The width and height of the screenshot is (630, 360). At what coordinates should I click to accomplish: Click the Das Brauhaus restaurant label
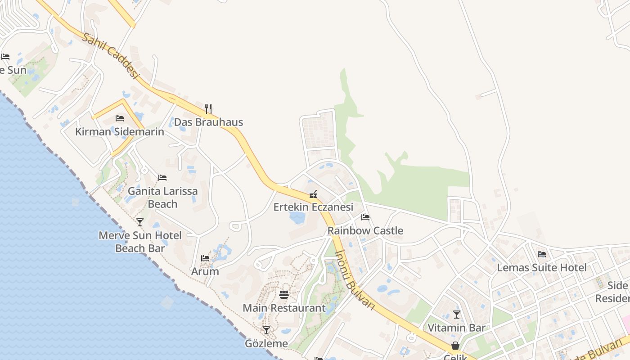coord(208,122)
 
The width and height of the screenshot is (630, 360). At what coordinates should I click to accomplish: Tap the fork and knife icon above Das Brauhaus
coord(208,108)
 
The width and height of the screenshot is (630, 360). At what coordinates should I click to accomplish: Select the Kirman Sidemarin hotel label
coord(119,132)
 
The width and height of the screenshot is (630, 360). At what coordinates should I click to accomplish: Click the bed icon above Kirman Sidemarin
coord(119,118)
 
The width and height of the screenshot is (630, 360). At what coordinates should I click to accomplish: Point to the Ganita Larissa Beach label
coord(162,198)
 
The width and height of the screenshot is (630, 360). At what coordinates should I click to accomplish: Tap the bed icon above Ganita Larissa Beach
coord(162,178)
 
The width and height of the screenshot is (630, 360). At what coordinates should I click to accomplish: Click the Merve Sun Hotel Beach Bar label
coord(140,242)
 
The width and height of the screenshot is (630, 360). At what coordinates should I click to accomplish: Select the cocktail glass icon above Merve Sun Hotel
coord(140,222)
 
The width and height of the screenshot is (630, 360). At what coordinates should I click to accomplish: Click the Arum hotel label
coord(205,271)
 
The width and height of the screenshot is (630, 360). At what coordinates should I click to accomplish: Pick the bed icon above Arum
coord(205,258)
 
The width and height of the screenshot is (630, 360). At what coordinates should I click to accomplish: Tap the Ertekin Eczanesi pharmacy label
coord(313,207)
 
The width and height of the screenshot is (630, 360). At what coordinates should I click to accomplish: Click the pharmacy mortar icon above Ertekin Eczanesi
coord(313,194)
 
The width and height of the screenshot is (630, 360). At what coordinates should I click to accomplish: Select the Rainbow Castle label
coord(365,231)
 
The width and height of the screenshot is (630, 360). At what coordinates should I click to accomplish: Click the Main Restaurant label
coord(284,308)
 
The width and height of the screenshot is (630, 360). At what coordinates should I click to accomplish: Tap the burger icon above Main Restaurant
coord(284,295)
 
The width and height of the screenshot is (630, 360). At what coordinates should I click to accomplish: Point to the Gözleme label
coord(266,344)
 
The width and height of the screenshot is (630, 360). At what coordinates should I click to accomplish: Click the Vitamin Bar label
coord(456,328)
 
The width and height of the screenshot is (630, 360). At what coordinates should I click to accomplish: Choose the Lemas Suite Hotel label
coord(542,268)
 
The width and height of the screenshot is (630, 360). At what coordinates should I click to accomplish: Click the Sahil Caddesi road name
coord(110,55)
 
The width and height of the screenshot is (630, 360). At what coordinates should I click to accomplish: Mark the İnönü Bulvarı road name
coord(355,279)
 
